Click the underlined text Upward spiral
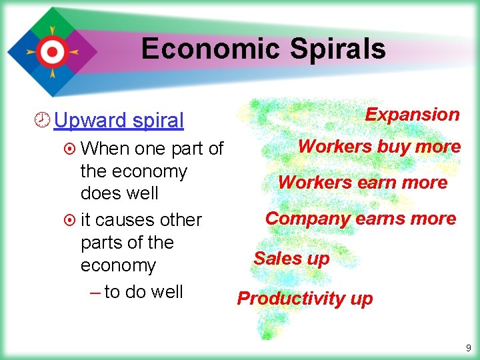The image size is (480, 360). pos(119,121)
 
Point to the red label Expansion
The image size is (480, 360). pos(412,115)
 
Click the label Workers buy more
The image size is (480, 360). pos(379,147)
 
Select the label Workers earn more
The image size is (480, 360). pos(362,183)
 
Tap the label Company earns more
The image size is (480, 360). pos(361,219)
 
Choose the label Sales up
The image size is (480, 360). pos(291,259)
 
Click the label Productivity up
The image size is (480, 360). pos(305,299)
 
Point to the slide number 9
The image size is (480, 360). pos(468,347)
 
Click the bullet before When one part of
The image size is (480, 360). pos(71,149)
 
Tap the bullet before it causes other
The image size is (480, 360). pos(71,220)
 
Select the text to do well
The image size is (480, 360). pos(143,292)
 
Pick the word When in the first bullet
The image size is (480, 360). pos(107,149)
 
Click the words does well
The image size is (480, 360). pos(119,193)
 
